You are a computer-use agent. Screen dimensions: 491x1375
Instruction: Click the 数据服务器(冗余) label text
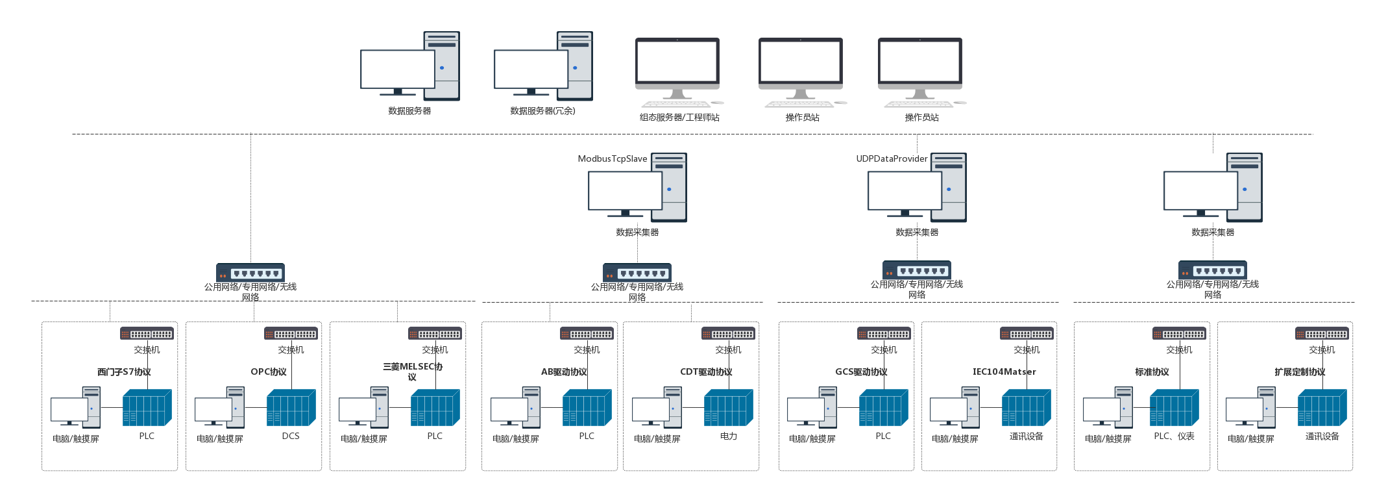click(542, 111)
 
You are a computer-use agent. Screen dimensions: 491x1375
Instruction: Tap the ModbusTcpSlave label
click(613, 159)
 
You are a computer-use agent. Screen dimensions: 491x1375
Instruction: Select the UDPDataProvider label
click(892, 159)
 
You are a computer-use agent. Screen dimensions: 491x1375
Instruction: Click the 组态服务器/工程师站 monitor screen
click(677, 62)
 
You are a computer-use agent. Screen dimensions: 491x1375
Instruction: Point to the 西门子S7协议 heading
click(124, 372)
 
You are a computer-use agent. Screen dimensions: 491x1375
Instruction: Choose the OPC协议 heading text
click(269, 372)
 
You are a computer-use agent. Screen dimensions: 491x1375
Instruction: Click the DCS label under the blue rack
click(291, 436)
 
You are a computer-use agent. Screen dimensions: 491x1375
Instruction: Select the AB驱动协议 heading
click(564, 372)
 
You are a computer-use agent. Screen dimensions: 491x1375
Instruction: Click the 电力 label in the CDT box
click(729, 436)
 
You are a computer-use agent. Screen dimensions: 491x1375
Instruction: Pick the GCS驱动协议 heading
click(861, 372)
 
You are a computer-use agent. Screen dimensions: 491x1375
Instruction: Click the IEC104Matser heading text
click(1004, 372)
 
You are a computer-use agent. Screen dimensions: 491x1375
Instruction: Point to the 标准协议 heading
click(1152, 372)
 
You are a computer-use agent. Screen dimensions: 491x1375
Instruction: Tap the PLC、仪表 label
click(1174, 436)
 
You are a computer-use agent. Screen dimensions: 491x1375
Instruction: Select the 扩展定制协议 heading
click(1300, 372)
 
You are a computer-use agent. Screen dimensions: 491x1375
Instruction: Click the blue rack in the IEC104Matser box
click(1026, 408)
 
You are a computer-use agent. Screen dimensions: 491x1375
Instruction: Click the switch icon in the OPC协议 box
click(291, 334)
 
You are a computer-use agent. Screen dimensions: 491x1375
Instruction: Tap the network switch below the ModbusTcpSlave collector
click(637, 273)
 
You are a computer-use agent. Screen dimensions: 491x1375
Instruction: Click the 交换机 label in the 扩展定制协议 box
click(1322, 350)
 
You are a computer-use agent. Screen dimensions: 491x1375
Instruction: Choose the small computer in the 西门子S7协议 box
click(75, 407)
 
